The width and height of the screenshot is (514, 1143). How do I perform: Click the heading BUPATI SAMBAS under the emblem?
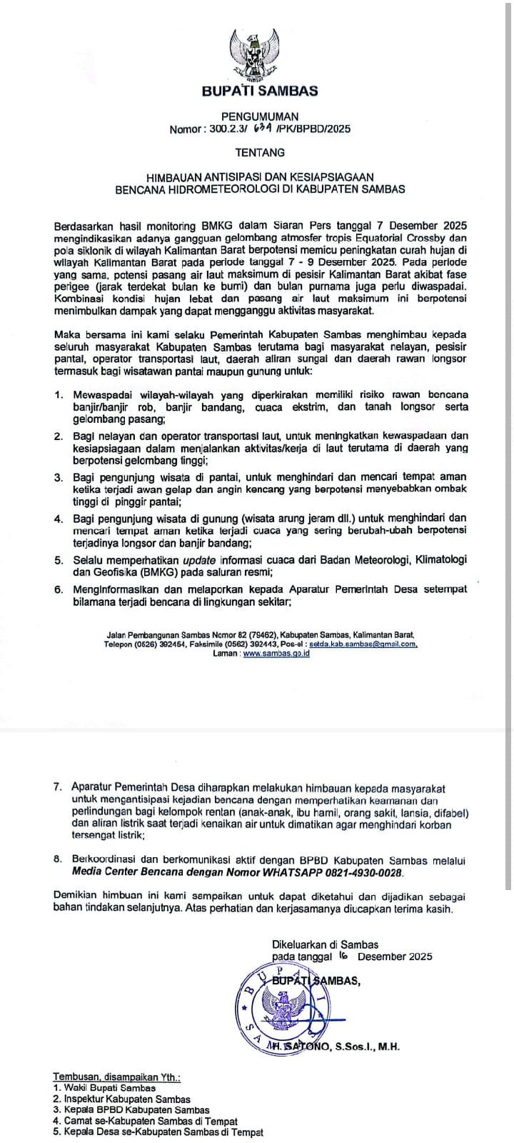coord(260,91)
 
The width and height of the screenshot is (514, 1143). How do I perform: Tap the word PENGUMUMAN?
coord(260,116)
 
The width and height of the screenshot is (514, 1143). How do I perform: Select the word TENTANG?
coord(260,152)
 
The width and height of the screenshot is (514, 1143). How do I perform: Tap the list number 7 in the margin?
coord(57,787)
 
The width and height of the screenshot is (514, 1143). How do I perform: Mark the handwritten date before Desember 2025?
coord(344,956)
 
